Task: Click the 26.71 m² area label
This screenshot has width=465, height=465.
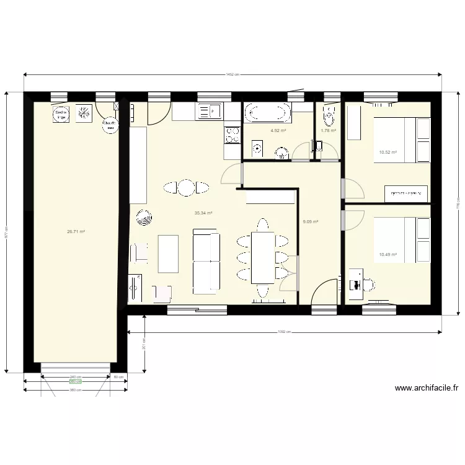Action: pos(76,232)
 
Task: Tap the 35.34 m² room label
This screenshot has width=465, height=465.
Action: pos(203,213)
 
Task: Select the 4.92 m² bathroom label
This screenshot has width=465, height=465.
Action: pos(278,131)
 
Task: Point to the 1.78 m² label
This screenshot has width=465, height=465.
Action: pos(328,131)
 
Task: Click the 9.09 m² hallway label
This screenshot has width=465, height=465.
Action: pos(310,222)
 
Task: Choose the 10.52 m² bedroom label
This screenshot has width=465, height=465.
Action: pos(387,152)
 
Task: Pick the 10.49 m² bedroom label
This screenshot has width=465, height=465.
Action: pos(387,254)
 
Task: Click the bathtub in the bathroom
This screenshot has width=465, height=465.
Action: pos(267,113)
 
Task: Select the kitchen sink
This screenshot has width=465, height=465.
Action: pos(210,112)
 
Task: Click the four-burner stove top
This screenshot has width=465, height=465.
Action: pos(232,135)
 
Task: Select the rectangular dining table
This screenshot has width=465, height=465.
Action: pos(263,257)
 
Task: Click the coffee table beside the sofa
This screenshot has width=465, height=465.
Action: pos(168,254)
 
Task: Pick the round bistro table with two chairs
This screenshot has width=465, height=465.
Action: pos(186,187)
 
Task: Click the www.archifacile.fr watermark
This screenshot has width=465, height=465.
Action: pos(427,389)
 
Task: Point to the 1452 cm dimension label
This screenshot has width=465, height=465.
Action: pos(232,74)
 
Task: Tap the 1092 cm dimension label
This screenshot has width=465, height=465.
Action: pos(283,332)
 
